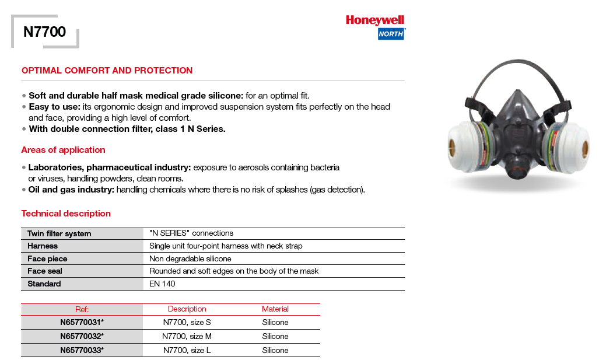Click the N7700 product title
(x=44, y=32)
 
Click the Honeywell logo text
(x=375, y=20)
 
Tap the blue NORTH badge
(x=391, y=34)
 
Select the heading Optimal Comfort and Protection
(x=107, y=71)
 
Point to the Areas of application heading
(x=63, y=150)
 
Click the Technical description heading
(x=66, y=214)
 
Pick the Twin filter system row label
(x=59, y=234)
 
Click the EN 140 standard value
(x=162, y=284)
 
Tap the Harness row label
(x=43, y=246)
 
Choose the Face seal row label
(x=45, y=271)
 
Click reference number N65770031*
(x=82, y=323)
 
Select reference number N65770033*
(x=82, y=351)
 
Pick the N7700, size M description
(x=187, y=337)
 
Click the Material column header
(x=275, y=309)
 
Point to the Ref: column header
(x=82, y=309)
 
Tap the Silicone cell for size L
(x=275, y=351)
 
